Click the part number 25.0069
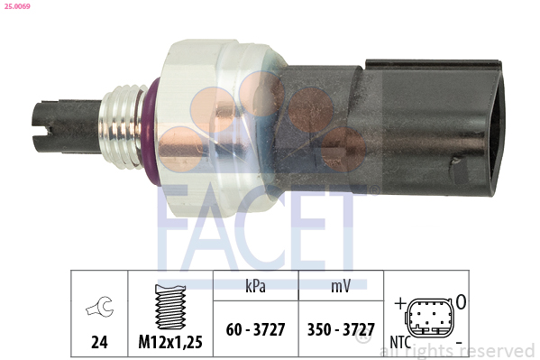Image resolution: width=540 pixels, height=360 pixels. point(17,6)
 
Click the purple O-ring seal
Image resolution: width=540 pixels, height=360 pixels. point(150,132)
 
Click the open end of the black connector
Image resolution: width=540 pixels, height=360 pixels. point(495,128)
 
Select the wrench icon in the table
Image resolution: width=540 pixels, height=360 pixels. point(99,306)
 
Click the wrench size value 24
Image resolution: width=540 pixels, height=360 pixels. point(99,342)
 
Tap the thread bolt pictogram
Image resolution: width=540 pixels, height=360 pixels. point(170,307)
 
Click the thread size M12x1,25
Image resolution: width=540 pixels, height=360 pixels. point(170,342)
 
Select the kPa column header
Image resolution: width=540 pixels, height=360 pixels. point(255,286)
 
